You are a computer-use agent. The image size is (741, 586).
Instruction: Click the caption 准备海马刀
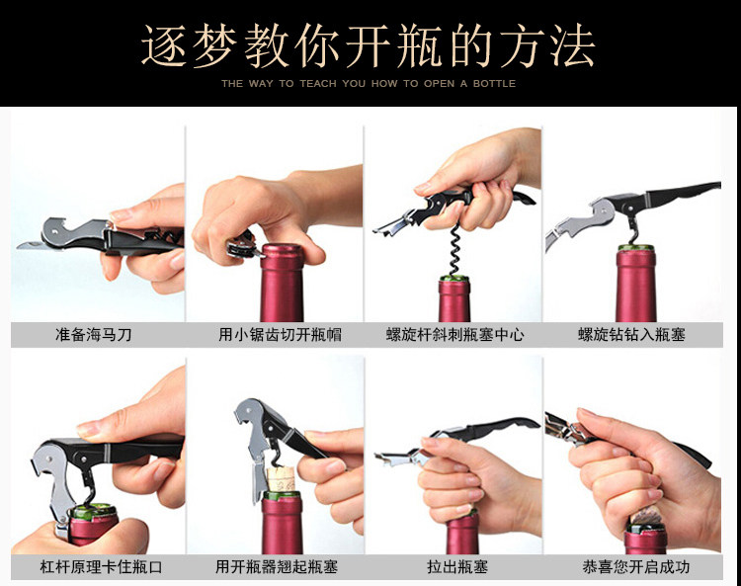93,335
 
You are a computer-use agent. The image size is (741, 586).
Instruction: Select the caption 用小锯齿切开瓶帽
280,335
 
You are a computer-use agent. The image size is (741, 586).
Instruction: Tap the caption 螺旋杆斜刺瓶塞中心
454,335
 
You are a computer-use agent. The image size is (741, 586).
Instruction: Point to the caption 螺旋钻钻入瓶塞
631,335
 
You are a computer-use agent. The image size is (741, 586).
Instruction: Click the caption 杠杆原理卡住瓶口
101,566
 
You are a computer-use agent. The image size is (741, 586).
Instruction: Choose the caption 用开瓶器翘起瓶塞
277,566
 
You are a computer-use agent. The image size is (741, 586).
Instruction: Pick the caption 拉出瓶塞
457,566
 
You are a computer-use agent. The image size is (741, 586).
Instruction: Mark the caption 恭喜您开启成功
635,566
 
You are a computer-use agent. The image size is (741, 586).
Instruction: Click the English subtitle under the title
369,84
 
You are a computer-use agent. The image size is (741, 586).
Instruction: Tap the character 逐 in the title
164,45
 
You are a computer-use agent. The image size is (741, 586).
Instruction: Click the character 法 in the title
572,45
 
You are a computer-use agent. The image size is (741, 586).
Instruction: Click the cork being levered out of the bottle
282,479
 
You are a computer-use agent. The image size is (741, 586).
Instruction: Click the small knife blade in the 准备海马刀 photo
32,245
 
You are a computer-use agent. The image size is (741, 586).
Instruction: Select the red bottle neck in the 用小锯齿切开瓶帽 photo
283,283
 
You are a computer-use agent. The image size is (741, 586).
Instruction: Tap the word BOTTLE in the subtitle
494,84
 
